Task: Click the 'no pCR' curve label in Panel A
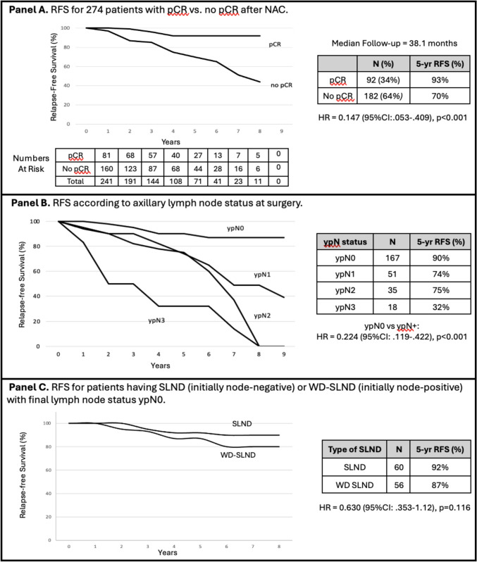[x=282, y=85]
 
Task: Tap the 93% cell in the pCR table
[x=440, y=80]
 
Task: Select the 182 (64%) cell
[x=383, y=96]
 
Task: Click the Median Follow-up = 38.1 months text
[x=394, y=44]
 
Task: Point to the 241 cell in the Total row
[x=106, y=182]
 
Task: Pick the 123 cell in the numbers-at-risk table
[x=130, y=169]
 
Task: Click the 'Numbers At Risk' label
[x=31, y=163]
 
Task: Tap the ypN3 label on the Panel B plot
[x=156, y=320]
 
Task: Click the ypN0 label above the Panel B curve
[x=235, y=228]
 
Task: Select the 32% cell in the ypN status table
[x=440, y=307]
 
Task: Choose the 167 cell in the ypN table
[x=392, y=258]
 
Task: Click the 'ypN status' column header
[x=345, y=242]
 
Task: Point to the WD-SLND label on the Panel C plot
[x=237, y=455]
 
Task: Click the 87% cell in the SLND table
[x=440, y=485]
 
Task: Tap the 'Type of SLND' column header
[x=354, y=449]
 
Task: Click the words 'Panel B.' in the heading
[x=31, y=203]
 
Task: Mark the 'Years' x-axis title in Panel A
[x=171, y=142]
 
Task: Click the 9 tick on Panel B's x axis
[x=284, y=354]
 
